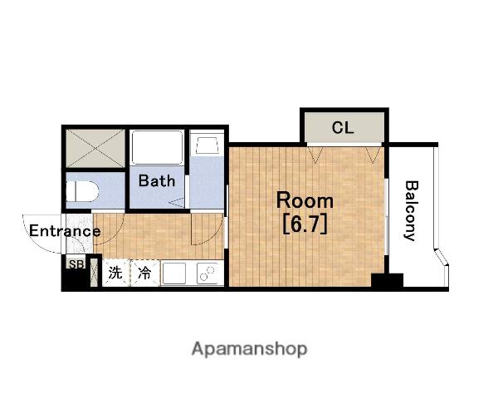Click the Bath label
pos(157,180)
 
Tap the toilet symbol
pos(82,191)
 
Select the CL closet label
pos(343,128)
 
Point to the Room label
pos(305,200)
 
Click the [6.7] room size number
pos(305,224)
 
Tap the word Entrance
pos(65,231)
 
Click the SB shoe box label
pos(76,264)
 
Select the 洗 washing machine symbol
pos(115,273)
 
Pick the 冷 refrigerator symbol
pos(144,273)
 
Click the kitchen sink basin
pos(173,273)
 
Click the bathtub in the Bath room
pos(157,147)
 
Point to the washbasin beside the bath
pos(207,145)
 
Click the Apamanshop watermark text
pos(249,349)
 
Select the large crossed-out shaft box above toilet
pos(95,148)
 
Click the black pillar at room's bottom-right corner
pos(387,280)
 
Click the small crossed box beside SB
pos(94,273)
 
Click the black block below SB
pos(76,278)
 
